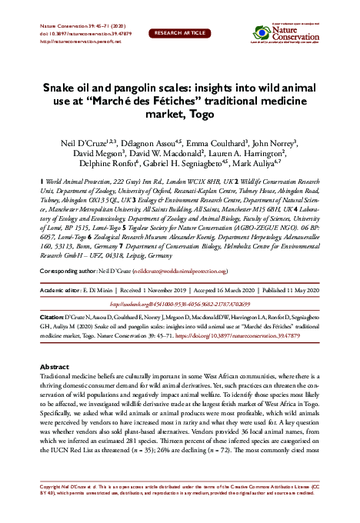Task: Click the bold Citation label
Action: coord(51,316)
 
